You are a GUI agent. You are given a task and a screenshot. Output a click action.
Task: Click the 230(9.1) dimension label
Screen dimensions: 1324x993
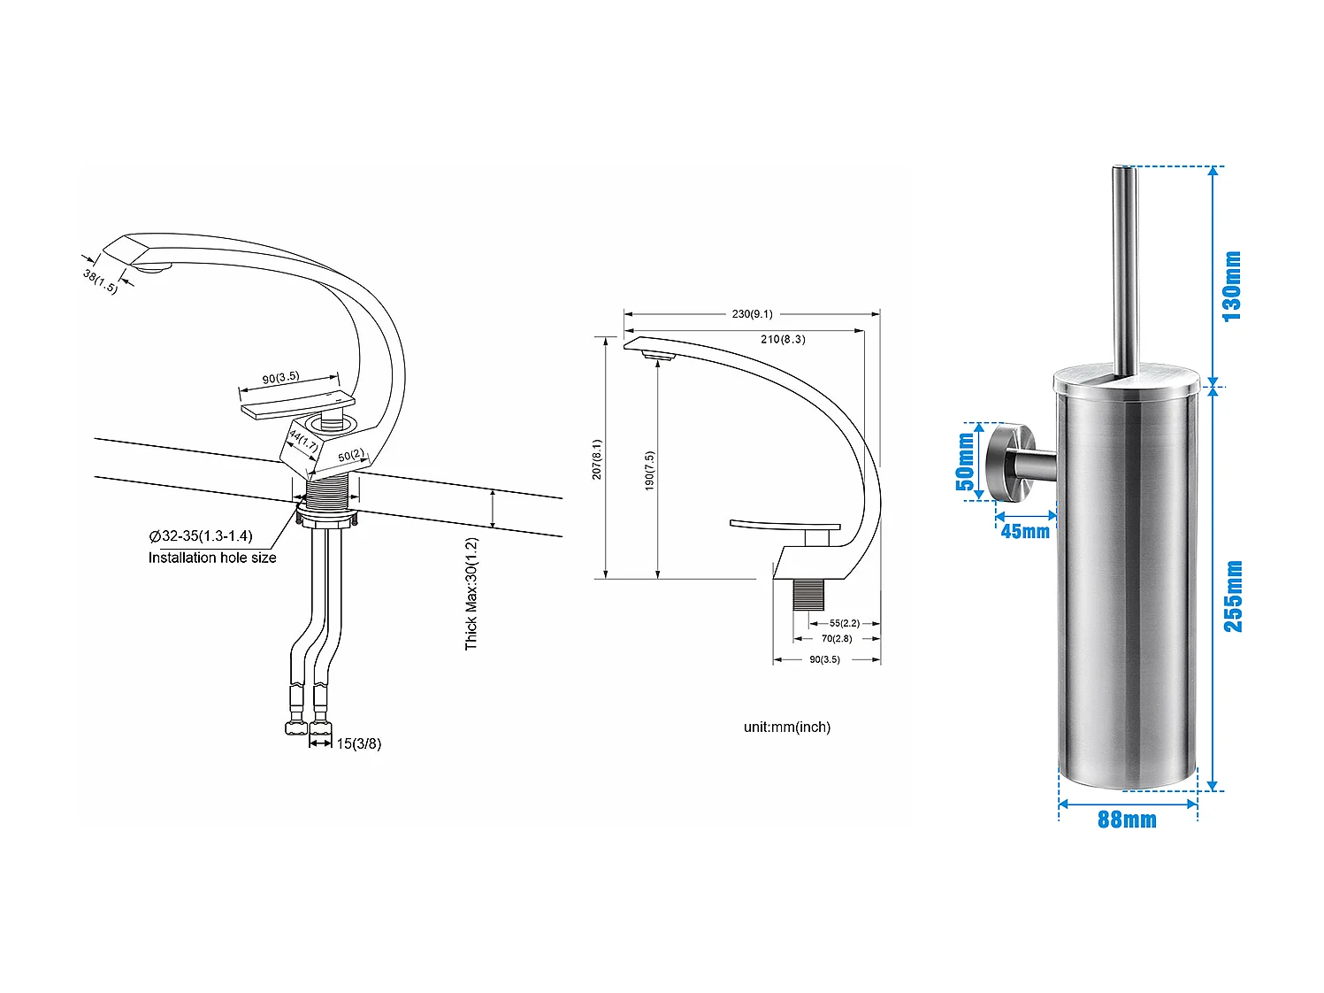(x=752, y=314)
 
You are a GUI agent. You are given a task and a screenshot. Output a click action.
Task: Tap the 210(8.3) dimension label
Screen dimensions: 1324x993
(x=783, y=339)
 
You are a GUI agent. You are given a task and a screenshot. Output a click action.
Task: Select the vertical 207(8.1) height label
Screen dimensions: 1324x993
(x=597, y=459)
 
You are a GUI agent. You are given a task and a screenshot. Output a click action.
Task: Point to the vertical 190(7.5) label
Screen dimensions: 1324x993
(x=649, y=471)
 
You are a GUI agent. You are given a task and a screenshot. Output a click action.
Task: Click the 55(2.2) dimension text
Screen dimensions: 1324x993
(x=844, y=623)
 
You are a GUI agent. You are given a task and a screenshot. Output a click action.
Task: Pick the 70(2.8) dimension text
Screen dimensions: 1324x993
(x=836, y=638)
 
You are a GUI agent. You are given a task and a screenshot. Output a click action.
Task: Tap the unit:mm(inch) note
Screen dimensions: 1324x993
(x=786, y=727)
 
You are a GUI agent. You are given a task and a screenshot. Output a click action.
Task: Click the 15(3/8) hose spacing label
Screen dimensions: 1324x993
(x=359, y=743)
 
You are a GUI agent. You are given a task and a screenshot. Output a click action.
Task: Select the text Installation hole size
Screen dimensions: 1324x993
(x=212, y=558)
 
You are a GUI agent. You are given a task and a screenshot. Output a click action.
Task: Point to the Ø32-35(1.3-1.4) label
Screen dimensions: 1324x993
(x=201, y=535)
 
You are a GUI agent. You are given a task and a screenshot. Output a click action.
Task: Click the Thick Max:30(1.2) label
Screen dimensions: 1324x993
(x=471, y=593)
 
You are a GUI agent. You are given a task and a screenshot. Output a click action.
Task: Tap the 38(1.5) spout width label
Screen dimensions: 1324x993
(x=100, y=281)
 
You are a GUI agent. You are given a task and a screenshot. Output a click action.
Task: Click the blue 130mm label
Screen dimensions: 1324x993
(x=1232, y=286)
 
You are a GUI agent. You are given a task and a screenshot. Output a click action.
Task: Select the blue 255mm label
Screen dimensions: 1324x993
(x=1233, y=596)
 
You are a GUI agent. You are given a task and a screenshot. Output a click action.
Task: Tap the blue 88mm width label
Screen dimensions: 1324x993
(x=1127, y=820)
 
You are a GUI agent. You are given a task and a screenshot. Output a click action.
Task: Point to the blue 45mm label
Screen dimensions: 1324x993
(x=1025, y=531)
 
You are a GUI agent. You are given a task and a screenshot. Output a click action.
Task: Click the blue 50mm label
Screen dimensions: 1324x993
(x=965, y=461)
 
